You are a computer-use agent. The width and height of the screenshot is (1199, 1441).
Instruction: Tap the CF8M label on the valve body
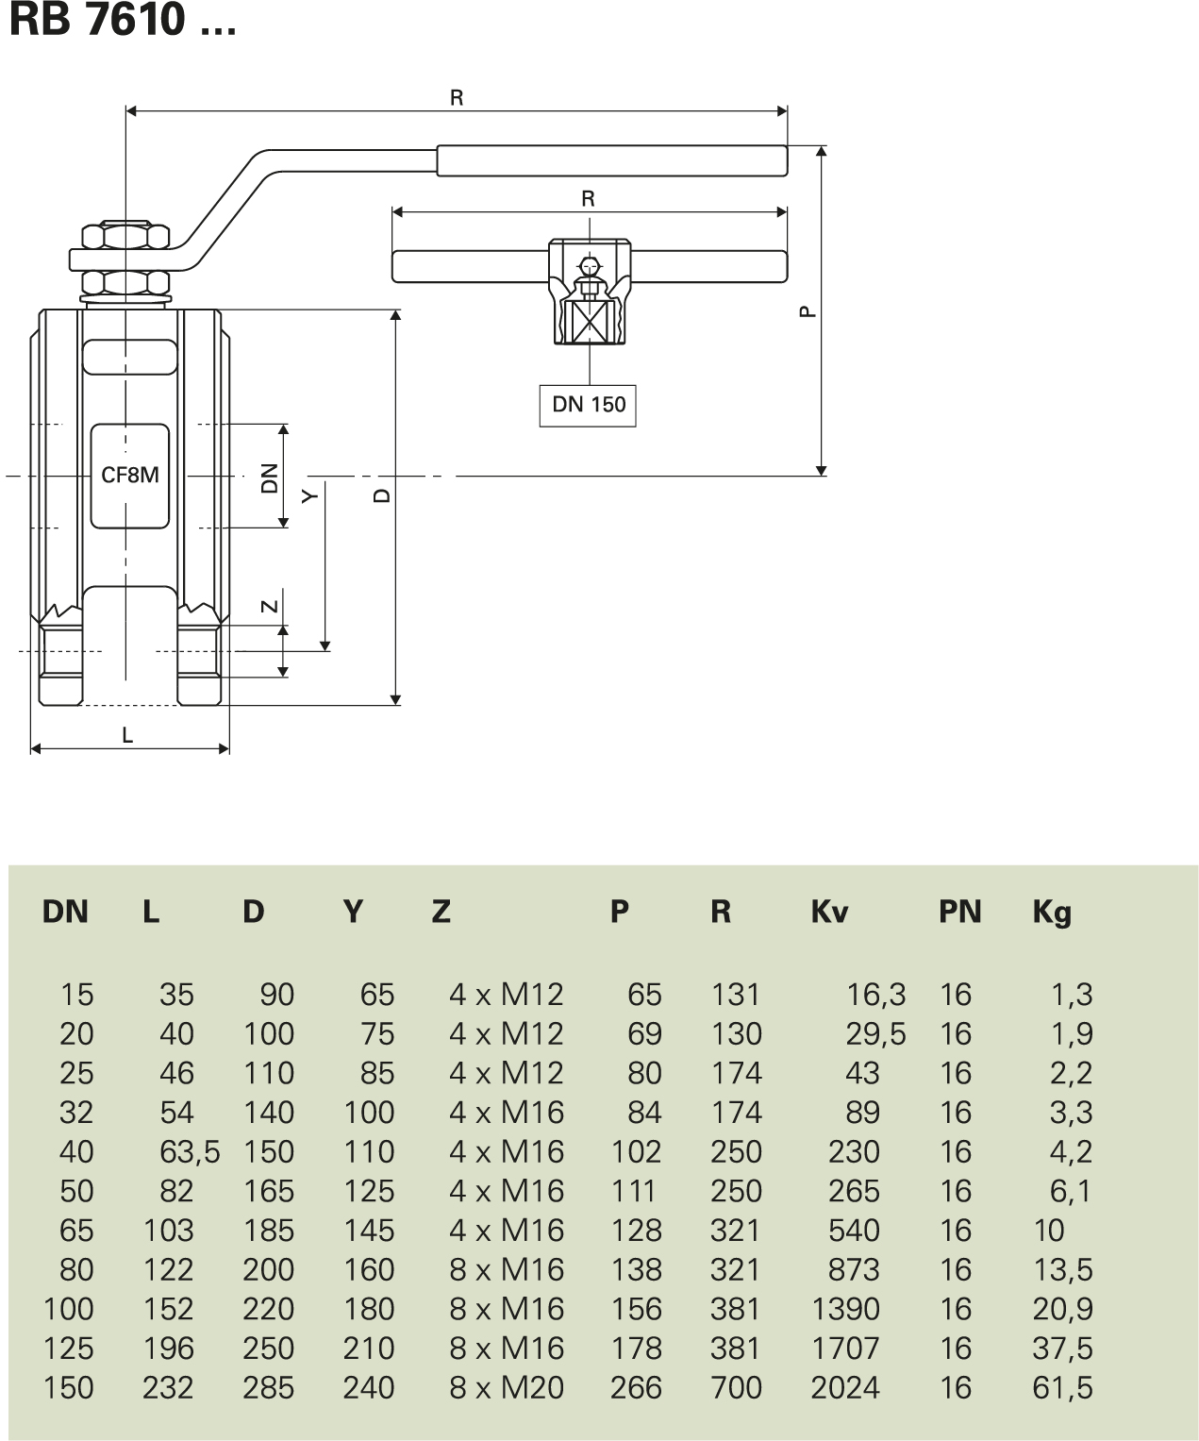130,475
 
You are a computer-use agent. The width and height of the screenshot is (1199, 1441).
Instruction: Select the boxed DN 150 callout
588,405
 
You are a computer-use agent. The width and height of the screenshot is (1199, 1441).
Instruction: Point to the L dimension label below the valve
127,734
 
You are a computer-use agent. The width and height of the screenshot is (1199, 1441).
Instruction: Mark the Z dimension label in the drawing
270,606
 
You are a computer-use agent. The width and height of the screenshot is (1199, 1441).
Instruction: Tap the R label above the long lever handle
457,98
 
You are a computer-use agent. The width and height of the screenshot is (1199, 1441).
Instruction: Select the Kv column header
829,912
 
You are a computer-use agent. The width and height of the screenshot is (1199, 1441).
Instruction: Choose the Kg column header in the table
1052,912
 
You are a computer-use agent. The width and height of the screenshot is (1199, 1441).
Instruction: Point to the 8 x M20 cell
507,1387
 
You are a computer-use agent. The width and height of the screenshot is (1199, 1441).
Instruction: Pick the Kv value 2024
845,1387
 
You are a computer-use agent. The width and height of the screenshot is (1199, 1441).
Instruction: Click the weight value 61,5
1063,1387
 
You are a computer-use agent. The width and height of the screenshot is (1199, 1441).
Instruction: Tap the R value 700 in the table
736,1387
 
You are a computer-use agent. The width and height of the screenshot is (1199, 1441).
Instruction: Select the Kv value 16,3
875,994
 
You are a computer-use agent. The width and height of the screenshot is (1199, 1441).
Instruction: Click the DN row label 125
69,1348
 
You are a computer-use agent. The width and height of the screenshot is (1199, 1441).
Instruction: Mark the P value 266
636,1387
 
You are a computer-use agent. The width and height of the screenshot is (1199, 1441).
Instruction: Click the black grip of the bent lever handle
611,160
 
